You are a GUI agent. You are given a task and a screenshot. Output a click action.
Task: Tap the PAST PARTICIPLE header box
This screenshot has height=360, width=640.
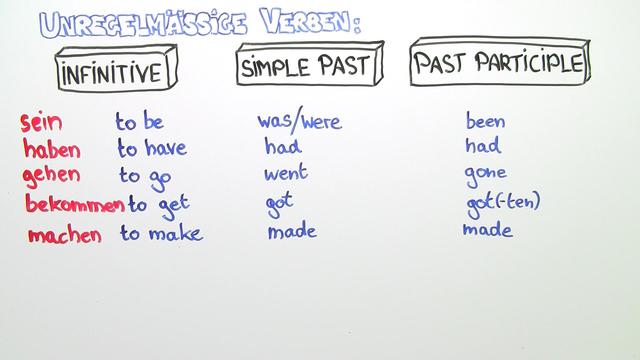coord(498,65)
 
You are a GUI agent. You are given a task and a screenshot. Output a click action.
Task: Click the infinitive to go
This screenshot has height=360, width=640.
coord(146,176)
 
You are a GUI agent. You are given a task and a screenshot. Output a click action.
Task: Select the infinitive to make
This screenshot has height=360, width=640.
coord(161,233)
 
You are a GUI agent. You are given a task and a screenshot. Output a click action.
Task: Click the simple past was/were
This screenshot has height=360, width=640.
coord(299,122)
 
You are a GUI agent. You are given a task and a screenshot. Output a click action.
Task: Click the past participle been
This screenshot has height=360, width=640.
coord(485,122)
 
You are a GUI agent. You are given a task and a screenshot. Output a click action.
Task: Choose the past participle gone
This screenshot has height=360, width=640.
coord(486,173)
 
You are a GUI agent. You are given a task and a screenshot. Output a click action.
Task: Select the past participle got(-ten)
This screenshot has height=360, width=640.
coord(502,202)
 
